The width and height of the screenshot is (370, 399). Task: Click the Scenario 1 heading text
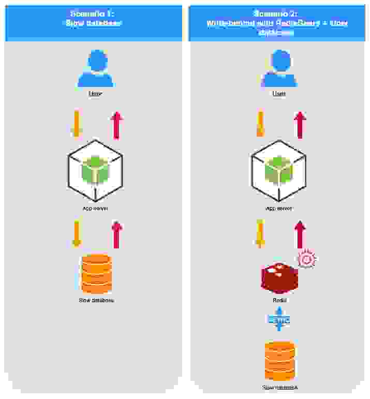point(94,19)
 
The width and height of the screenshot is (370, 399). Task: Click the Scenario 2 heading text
point(277,23)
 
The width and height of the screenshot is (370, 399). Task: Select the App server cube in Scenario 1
point(95,171)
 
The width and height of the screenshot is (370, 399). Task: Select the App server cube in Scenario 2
point(279,171)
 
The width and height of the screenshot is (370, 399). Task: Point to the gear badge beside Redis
point(306,259)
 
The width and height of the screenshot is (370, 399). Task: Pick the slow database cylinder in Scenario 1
point(96,274)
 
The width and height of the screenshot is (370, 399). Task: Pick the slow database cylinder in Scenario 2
point(279,361)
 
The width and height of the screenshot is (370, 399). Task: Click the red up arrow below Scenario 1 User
point(116,125)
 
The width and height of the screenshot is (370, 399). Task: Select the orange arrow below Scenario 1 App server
point(77,234)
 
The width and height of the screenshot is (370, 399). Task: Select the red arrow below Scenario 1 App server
point(116,234)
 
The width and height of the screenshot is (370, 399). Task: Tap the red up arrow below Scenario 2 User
point(299,125)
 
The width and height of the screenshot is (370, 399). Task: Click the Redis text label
point(279,300)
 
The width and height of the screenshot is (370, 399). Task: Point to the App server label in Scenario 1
point(95,209)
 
